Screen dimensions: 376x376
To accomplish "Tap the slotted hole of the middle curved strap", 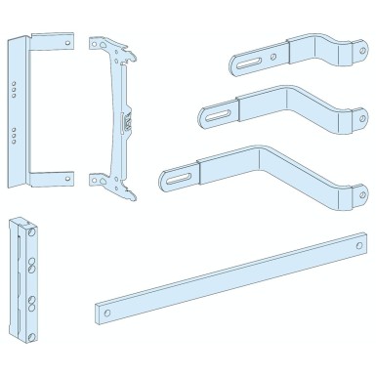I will click(214, 117).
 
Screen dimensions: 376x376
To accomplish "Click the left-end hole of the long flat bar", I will click(104, 310).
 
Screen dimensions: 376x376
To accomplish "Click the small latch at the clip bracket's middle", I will click(125, 122).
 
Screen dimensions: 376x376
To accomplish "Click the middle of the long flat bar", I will click(221, 276).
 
